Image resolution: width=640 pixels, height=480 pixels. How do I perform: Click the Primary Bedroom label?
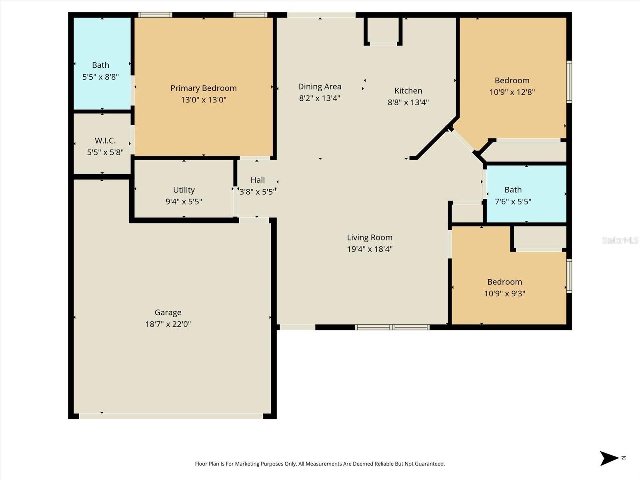coord(203,88)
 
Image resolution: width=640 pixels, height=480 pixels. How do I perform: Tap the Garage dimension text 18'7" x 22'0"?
coord(168,324)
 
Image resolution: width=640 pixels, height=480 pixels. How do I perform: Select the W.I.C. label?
coord(105,140)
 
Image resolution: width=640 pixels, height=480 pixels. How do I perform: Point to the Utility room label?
coord(184,190)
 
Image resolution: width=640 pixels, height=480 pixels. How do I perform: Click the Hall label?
coord(258,180)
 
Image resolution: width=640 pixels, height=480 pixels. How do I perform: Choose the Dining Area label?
coord(319,86)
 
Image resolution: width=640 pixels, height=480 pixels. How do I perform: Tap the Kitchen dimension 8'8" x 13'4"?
coord(408,102)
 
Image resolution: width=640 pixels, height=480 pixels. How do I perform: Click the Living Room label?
coord(369,237)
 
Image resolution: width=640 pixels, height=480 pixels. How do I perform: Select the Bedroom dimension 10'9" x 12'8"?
coord(512,92)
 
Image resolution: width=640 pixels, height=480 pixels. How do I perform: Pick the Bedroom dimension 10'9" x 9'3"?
coord(504,294)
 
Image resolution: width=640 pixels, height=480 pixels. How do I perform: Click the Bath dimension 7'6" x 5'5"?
coord(513,202)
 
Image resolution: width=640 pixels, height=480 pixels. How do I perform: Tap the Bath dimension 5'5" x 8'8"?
coord(100,77)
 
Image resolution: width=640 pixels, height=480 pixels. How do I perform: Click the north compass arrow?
coord(609,458)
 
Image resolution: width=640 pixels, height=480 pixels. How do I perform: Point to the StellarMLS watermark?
coord(620,240)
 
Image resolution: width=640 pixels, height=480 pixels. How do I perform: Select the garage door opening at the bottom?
coord(171,416)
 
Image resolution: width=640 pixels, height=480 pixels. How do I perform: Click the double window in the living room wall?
coord(392,327)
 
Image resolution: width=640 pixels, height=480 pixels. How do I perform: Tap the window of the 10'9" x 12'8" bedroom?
coord(569,82)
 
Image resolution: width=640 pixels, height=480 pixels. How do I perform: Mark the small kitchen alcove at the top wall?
coord(383,30)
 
